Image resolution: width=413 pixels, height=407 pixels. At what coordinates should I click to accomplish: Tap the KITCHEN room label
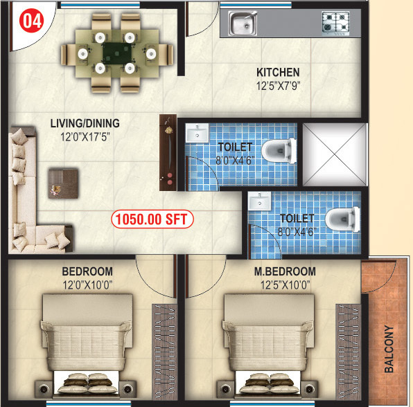[x=278, y=73]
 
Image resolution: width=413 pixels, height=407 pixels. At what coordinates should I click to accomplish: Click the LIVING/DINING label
[x=85, y=124]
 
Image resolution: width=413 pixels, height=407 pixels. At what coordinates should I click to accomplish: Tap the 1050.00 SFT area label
[x=152, y=219]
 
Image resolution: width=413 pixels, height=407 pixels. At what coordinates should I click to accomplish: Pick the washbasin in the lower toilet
[x=261, y=201]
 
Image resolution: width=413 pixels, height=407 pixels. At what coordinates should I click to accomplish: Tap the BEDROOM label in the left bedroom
[x=87, y=271]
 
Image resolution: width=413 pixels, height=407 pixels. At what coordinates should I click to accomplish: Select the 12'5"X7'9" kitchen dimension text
[x=279, y=87]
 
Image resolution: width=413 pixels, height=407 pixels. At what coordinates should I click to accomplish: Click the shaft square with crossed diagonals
[x=335, y=154]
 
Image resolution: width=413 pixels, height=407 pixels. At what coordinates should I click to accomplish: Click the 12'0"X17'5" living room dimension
[x=85, y=137]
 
